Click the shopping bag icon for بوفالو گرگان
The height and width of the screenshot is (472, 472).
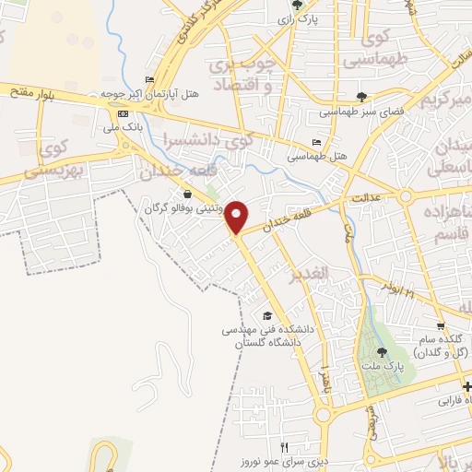tap(189, 195)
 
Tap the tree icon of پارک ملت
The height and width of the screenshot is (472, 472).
tap(382, 351)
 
